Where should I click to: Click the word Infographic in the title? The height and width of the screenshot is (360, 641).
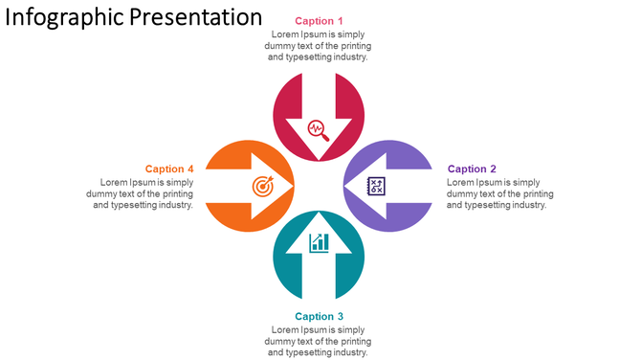click(x=63, y=18)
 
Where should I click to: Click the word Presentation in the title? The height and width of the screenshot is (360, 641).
click(x=195, y=17)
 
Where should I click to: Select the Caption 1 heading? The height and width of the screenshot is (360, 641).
click(x=319, y=21)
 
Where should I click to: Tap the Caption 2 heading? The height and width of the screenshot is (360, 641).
click(x=472, y=169)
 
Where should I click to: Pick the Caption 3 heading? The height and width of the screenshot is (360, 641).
click(x=319, y=317)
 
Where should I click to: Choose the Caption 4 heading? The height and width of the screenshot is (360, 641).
click(x=169, y=169)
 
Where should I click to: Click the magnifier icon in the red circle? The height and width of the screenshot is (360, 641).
click(x=319, y=129)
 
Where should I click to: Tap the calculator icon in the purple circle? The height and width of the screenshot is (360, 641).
click(x=377, y=186)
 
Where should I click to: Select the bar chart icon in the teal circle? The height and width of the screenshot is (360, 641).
click(x=319, y=242)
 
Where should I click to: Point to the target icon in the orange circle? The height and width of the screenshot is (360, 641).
click(x=261, y=186)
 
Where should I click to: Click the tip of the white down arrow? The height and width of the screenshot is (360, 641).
click(x=319, y=160)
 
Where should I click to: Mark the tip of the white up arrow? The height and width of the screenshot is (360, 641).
click(x=319, y=213)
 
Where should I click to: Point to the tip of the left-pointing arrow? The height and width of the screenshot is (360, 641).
click(x=345, y=186)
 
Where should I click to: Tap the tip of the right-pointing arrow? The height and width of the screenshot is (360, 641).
click(x=292, y=186)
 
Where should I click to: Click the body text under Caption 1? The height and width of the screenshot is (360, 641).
click(x=319, y=46)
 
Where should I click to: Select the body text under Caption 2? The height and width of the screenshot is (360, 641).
click(x=499, y=193)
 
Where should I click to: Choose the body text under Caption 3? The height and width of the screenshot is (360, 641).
click(x=319, y=341)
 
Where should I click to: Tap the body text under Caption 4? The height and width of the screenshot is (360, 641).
click(x=140, y=193)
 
